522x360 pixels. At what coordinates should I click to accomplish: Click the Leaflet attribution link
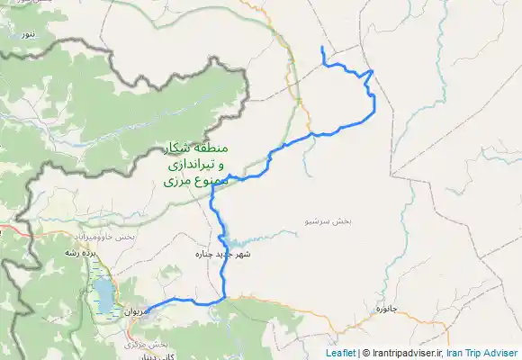(x=340, y=354)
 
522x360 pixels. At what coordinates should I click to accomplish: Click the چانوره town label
(x=386, y=310)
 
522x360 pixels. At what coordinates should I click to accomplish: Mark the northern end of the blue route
(x=322, y=47)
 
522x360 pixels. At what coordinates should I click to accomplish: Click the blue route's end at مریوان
(x=147, y=310)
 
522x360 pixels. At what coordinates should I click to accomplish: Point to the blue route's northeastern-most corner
(x=373, y=71)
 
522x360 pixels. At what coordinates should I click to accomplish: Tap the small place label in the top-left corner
(x=30, y=33)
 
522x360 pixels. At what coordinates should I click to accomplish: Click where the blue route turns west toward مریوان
(x=223, y=297)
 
